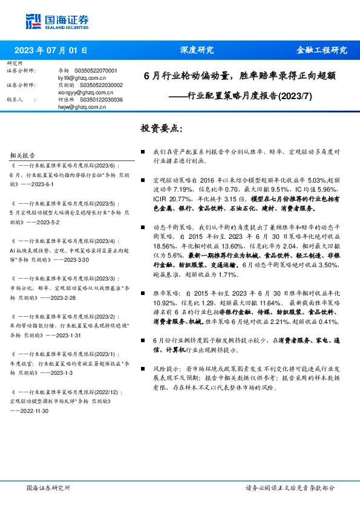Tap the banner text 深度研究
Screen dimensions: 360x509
tap(197, 50)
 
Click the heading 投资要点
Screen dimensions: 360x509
tap(160, 129)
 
